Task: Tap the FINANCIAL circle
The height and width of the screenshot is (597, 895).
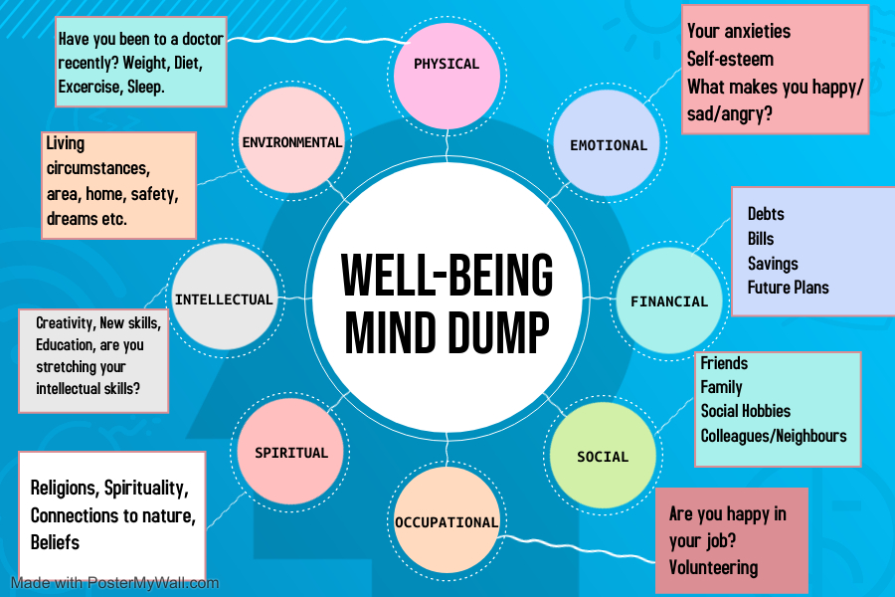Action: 669,300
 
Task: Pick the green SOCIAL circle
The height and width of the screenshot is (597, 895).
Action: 603,457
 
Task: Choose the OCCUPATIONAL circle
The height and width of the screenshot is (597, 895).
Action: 447,521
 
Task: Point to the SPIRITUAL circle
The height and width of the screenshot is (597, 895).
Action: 290,453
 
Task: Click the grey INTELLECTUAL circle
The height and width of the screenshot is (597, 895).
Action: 224,298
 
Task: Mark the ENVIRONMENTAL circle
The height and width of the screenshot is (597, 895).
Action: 291,141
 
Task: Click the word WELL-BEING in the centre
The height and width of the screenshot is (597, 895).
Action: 447,275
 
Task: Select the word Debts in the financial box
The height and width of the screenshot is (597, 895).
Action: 766,214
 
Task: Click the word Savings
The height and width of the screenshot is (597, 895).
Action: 773,264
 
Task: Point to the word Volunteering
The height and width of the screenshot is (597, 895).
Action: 713,568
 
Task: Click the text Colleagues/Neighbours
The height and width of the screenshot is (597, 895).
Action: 774,436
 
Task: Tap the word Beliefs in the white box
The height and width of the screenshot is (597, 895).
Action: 55,542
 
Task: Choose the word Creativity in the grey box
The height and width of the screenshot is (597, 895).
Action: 68,323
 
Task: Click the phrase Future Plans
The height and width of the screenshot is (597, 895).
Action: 788,288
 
